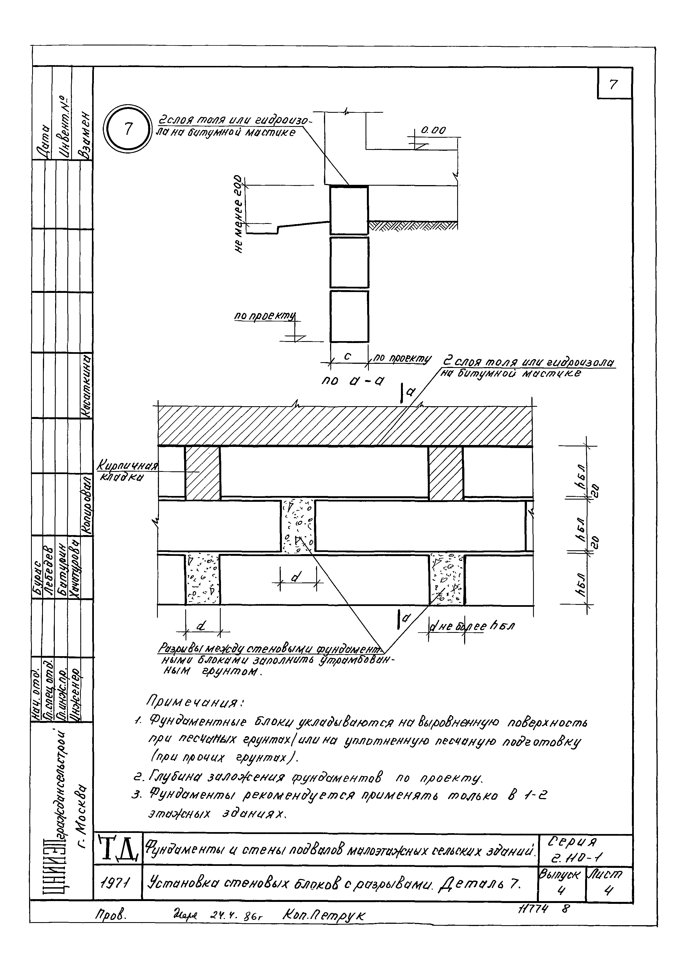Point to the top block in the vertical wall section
click(349, 210)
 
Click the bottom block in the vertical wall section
click(349, 316)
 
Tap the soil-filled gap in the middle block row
click(298, 526)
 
